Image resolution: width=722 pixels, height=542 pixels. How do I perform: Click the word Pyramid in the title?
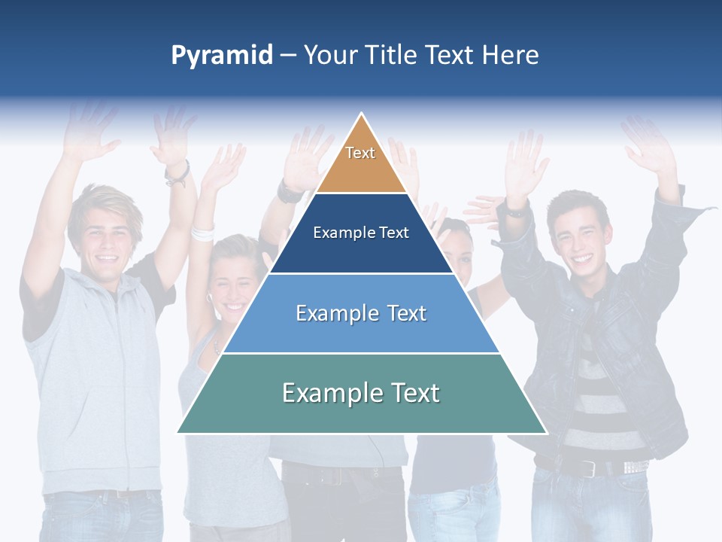click(x=222, y=56)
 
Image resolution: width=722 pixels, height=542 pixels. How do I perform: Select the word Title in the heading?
click(x=392, y=56)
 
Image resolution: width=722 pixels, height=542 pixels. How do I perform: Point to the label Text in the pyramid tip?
click(x=360, y=153)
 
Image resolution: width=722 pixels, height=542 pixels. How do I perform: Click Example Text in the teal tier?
click(x=361, y=393)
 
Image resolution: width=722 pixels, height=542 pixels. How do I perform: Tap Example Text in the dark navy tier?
click(x=361, y=233)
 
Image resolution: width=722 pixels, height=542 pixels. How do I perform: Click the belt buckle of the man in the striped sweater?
click(x=589, y=467)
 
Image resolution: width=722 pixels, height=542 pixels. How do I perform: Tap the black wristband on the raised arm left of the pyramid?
click(x=177, y=175)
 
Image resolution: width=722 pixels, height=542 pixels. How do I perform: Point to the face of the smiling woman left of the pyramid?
click(x=230, y=282)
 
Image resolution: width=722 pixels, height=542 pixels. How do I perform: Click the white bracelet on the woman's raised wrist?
click(x=202, y=232)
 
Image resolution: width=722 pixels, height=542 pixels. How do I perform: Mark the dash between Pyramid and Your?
click(x=288, y=56)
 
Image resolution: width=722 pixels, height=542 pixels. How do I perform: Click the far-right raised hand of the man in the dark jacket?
click(x=648, y=147)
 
